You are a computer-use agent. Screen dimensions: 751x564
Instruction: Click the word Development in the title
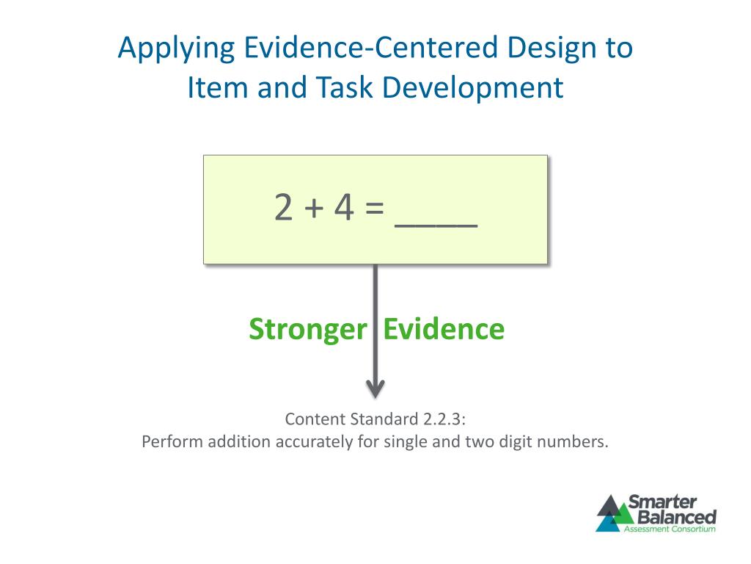473,88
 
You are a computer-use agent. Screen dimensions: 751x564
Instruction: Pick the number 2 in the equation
283,208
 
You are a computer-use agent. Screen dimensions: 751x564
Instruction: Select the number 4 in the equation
343,208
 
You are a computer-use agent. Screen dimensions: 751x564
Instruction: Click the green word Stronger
307,329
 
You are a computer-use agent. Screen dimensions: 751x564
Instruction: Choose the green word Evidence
444,329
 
